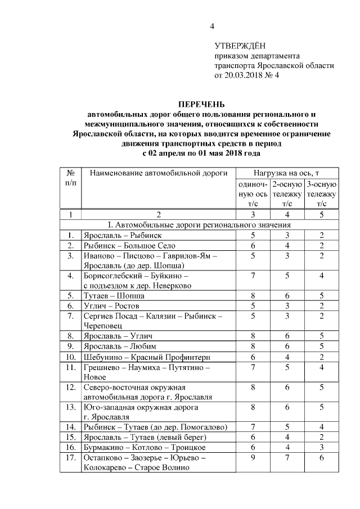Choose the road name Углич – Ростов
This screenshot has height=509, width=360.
[111, 306]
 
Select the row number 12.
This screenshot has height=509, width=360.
[71, 388]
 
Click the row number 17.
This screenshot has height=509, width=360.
[71, 458]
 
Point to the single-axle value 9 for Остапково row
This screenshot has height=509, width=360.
[253, 458]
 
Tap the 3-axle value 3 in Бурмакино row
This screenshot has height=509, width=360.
[322, 448]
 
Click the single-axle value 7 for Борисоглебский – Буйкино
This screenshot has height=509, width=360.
[253, 276]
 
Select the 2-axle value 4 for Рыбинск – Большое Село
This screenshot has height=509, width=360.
[287, 245]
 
